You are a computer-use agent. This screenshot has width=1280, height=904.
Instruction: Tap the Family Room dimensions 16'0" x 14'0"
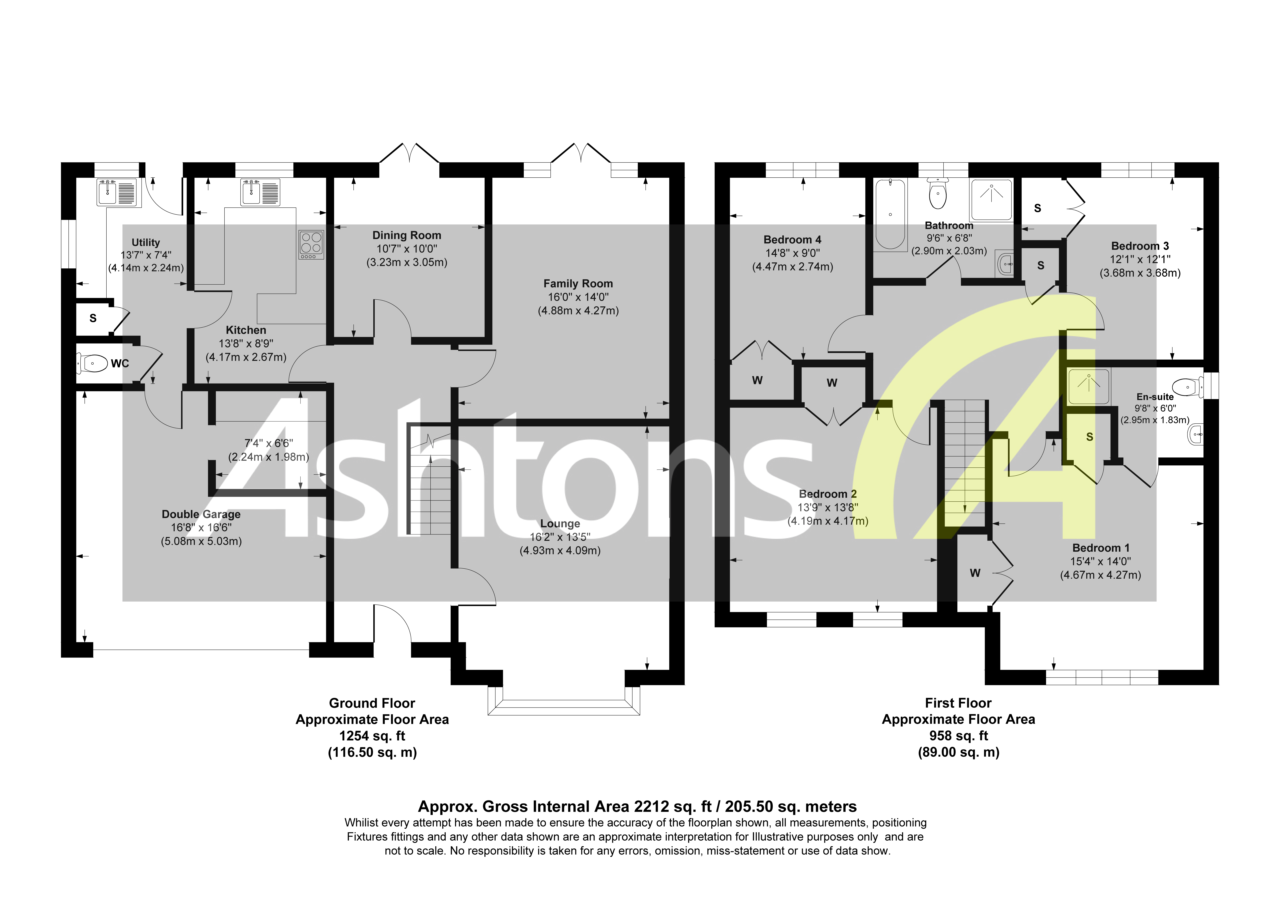click(578, 297)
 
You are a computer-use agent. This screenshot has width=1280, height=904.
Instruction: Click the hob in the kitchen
click(311, 245)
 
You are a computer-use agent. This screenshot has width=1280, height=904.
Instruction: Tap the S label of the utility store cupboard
click(93, 318)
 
